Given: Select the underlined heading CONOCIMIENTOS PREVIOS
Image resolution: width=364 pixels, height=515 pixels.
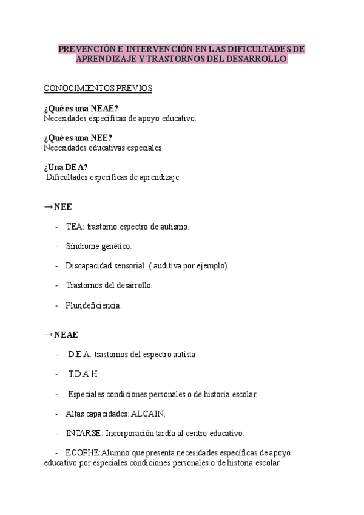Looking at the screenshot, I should (98, 89).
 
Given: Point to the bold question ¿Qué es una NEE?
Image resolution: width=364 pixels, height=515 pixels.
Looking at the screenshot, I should (78, 138).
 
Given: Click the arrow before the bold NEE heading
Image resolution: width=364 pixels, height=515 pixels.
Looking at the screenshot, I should (48, 207).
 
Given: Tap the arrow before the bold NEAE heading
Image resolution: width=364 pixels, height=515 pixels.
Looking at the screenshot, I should (48, 335).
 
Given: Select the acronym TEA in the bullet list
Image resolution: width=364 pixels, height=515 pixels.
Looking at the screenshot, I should (75, 227).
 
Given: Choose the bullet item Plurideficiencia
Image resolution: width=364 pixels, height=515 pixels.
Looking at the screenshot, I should (93, 305).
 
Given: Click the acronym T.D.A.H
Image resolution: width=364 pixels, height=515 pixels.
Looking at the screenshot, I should (83, 374).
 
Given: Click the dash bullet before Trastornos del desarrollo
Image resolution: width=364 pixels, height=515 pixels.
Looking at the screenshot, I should (56, 285).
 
